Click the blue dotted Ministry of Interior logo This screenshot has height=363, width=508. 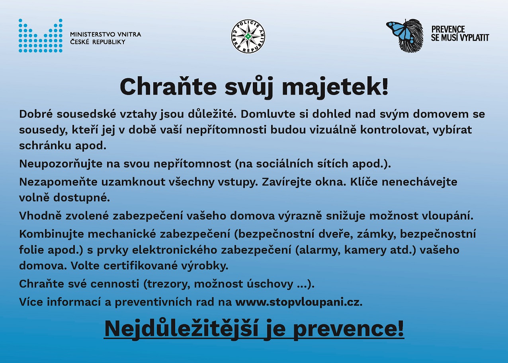click(x=40, y=36)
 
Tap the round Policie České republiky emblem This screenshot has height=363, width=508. click(x=248, y=36)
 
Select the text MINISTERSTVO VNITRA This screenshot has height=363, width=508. click(x=106, y=34)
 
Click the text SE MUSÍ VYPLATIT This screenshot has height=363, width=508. click(x=460, y=38)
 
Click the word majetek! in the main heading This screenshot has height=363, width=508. click(x=335, y=87)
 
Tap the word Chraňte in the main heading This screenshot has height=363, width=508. click(x=168, y=87)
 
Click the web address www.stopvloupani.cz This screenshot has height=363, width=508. click(x=299, y=302)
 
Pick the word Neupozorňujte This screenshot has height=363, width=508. click(x=61, y=164)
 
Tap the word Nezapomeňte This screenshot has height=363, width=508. click(x=58, y=182)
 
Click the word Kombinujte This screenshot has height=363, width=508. click(x=51, y=234)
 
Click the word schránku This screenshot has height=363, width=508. click(x=45, y=146)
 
